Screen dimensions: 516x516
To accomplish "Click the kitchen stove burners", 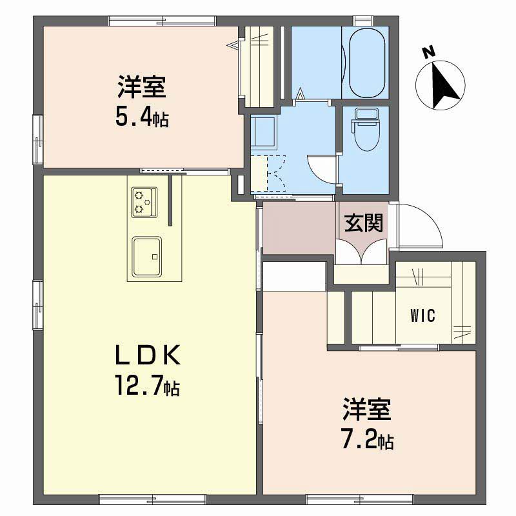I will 144,201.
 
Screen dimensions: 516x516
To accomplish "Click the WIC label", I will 422,316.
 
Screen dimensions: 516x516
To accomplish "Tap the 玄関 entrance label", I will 363,223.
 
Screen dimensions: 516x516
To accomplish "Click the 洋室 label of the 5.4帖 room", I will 142,86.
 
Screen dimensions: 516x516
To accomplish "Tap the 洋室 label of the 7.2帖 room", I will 367,410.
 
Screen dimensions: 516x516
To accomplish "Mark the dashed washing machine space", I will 268,174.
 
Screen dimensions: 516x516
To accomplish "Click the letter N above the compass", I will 426,52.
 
